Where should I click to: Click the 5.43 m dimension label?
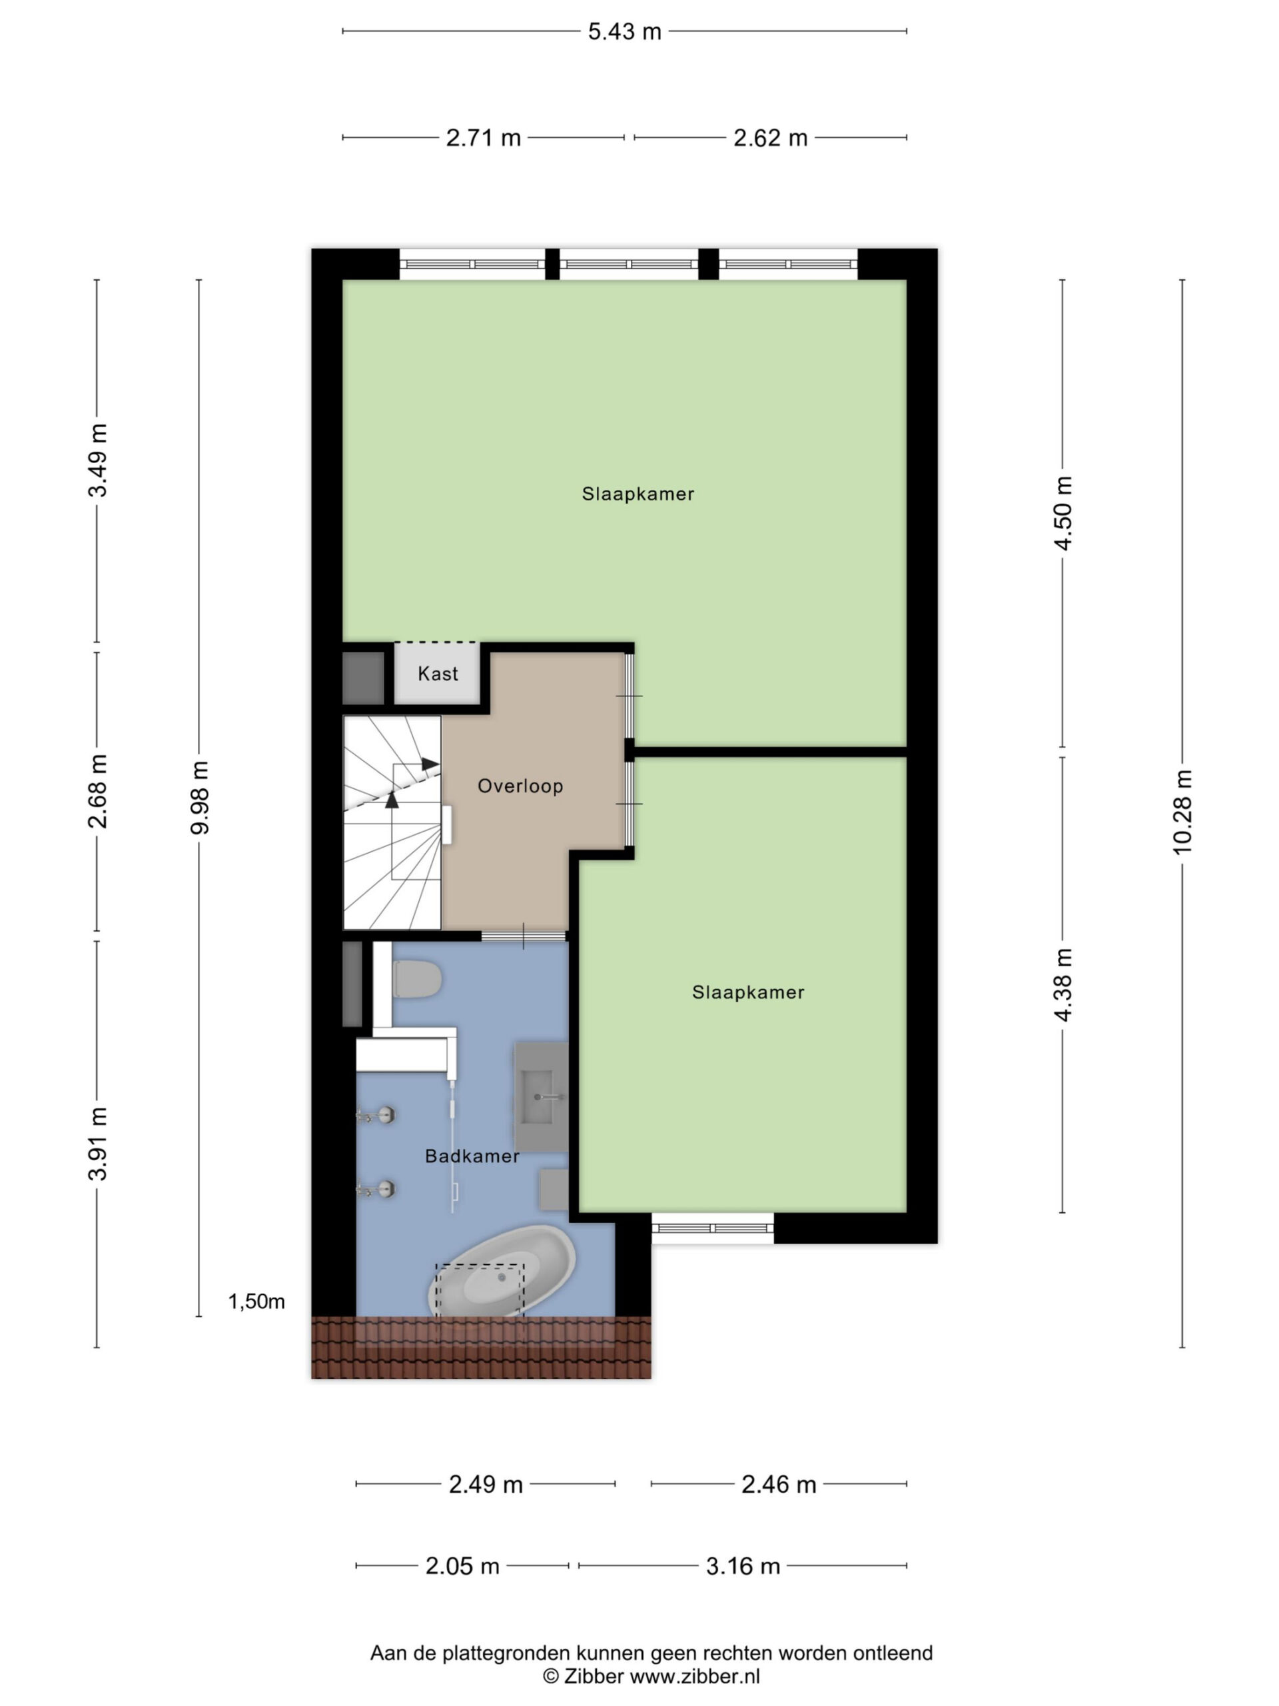[624, 31]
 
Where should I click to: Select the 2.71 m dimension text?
[484, 138]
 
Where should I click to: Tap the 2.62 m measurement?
[770, 138]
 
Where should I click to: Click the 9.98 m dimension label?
[200, 798]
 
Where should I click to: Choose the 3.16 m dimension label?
[743, 1565]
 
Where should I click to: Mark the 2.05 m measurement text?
[462, 1565]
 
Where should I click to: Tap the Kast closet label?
[437, 673]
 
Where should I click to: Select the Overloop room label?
[520, 786]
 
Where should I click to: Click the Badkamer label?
[472, 1156]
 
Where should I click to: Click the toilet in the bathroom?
[417, 979]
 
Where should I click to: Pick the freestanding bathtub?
[502, 1270]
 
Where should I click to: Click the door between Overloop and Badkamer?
[524, 936]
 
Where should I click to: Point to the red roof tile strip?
[481, 1347]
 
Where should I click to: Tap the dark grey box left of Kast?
[363, 678]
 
